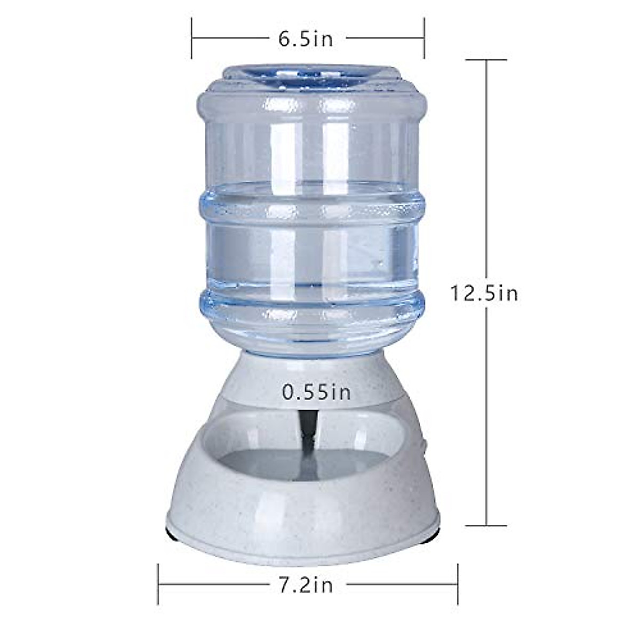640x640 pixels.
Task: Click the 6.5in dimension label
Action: (x=306, y=39)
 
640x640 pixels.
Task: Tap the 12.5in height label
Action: (x=484, y=293)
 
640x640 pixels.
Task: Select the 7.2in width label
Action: (x=307, y=585)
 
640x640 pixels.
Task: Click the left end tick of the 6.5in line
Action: (x=192, y=38)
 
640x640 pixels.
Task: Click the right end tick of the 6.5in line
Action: (x=424, y=38)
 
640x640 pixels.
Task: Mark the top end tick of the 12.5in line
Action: (x=487, y=60)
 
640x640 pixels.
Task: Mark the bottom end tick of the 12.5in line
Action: (x=487, y=525)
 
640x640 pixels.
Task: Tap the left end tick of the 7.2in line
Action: (x=158, y=585)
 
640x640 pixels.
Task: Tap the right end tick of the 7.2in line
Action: (x=458, y=585)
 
